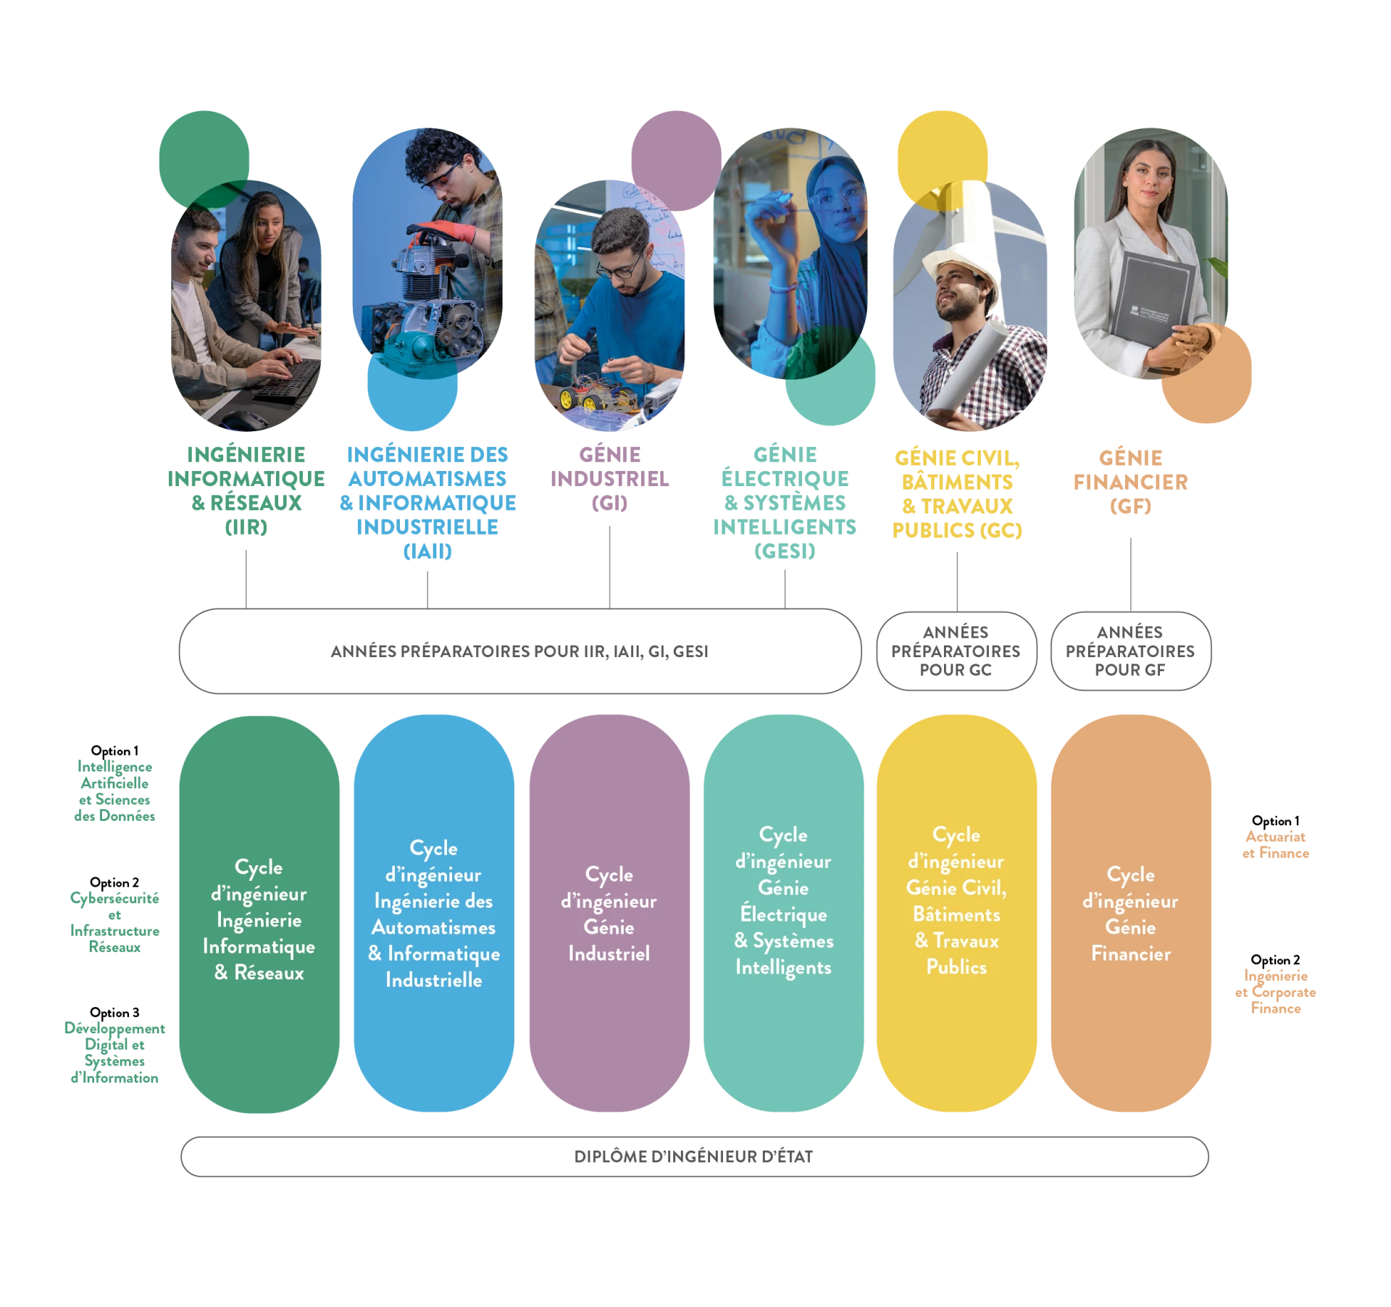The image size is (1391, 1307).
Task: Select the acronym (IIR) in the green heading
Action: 246,527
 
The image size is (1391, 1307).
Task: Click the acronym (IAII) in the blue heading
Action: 427,551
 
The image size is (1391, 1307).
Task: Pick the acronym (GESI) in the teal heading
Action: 785,551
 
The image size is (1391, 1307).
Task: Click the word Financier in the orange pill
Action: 1131,954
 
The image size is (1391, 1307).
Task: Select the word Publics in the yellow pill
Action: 956,967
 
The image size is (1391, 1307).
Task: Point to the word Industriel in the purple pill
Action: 609,954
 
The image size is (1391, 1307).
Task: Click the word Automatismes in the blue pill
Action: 433,928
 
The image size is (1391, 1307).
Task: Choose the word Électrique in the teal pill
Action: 783,914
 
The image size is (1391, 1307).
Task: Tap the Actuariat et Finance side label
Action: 1274,846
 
